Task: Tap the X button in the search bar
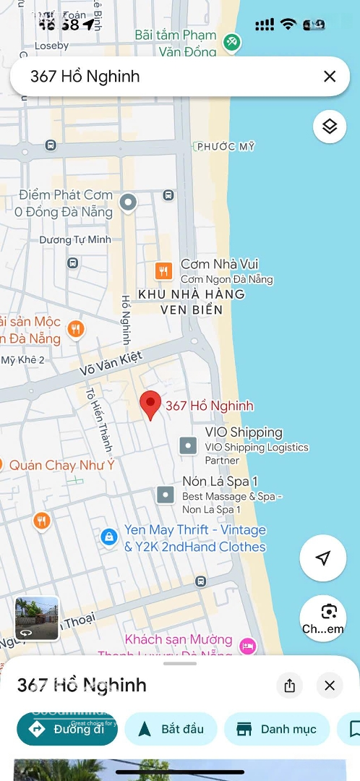(x=330, y=76)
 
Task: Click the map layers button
(x=330, y=127)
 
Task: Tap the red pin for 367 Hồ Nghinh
(x=150, y=405)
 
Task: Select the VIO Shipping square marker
(x=188, y=445)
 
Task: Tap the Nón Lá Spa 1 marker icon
(x=166, y=495)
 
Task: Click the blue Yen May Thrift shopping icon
(x=108, y=537)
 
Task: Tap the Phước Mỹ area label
(x=226, y=147)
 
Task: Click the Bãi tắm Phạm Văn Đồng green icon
(x=231, y=43)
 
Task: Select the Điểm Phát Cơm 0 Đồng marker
(x=128, y=202)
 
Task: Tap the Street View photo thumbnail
(x=37, y=618)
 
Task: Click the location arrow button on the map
(x=323, y=558)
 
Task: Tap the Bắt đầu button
(x=171, y=729)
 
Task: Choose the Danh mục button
(x=277, y=729)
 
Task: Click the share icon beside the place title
(x=290, y=686)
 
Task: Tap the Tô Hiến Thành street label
(x=95, y=420)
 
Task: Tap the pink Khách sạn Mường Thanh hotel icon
(x=248, y=645)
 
